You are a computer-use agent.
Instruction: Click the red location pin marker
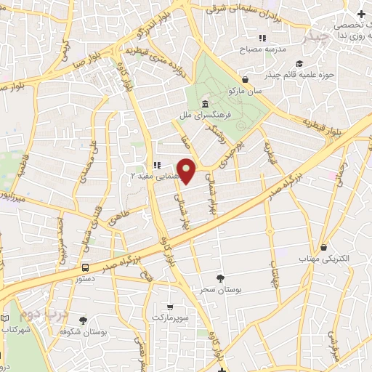187,170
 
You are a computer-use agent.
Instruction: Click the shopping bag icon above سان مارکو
246,80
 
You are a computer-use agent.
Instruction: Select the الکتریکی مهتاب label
323,259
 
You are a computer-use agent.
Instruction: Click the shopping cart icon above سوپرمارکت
169,307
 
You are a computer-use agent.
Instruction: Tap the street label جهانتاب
275,276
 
